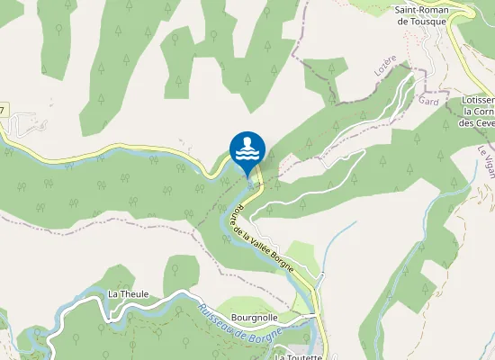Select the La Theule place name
[x=128, y=293]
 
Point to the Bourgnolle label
[x=253, y=318]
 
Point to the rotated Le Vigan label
[x=485, y=162]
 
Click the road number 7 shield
[x=2, y=110]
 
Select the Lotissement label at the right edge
[x=477, y=101]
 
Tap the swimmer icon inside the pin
[x=247, y=147]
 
